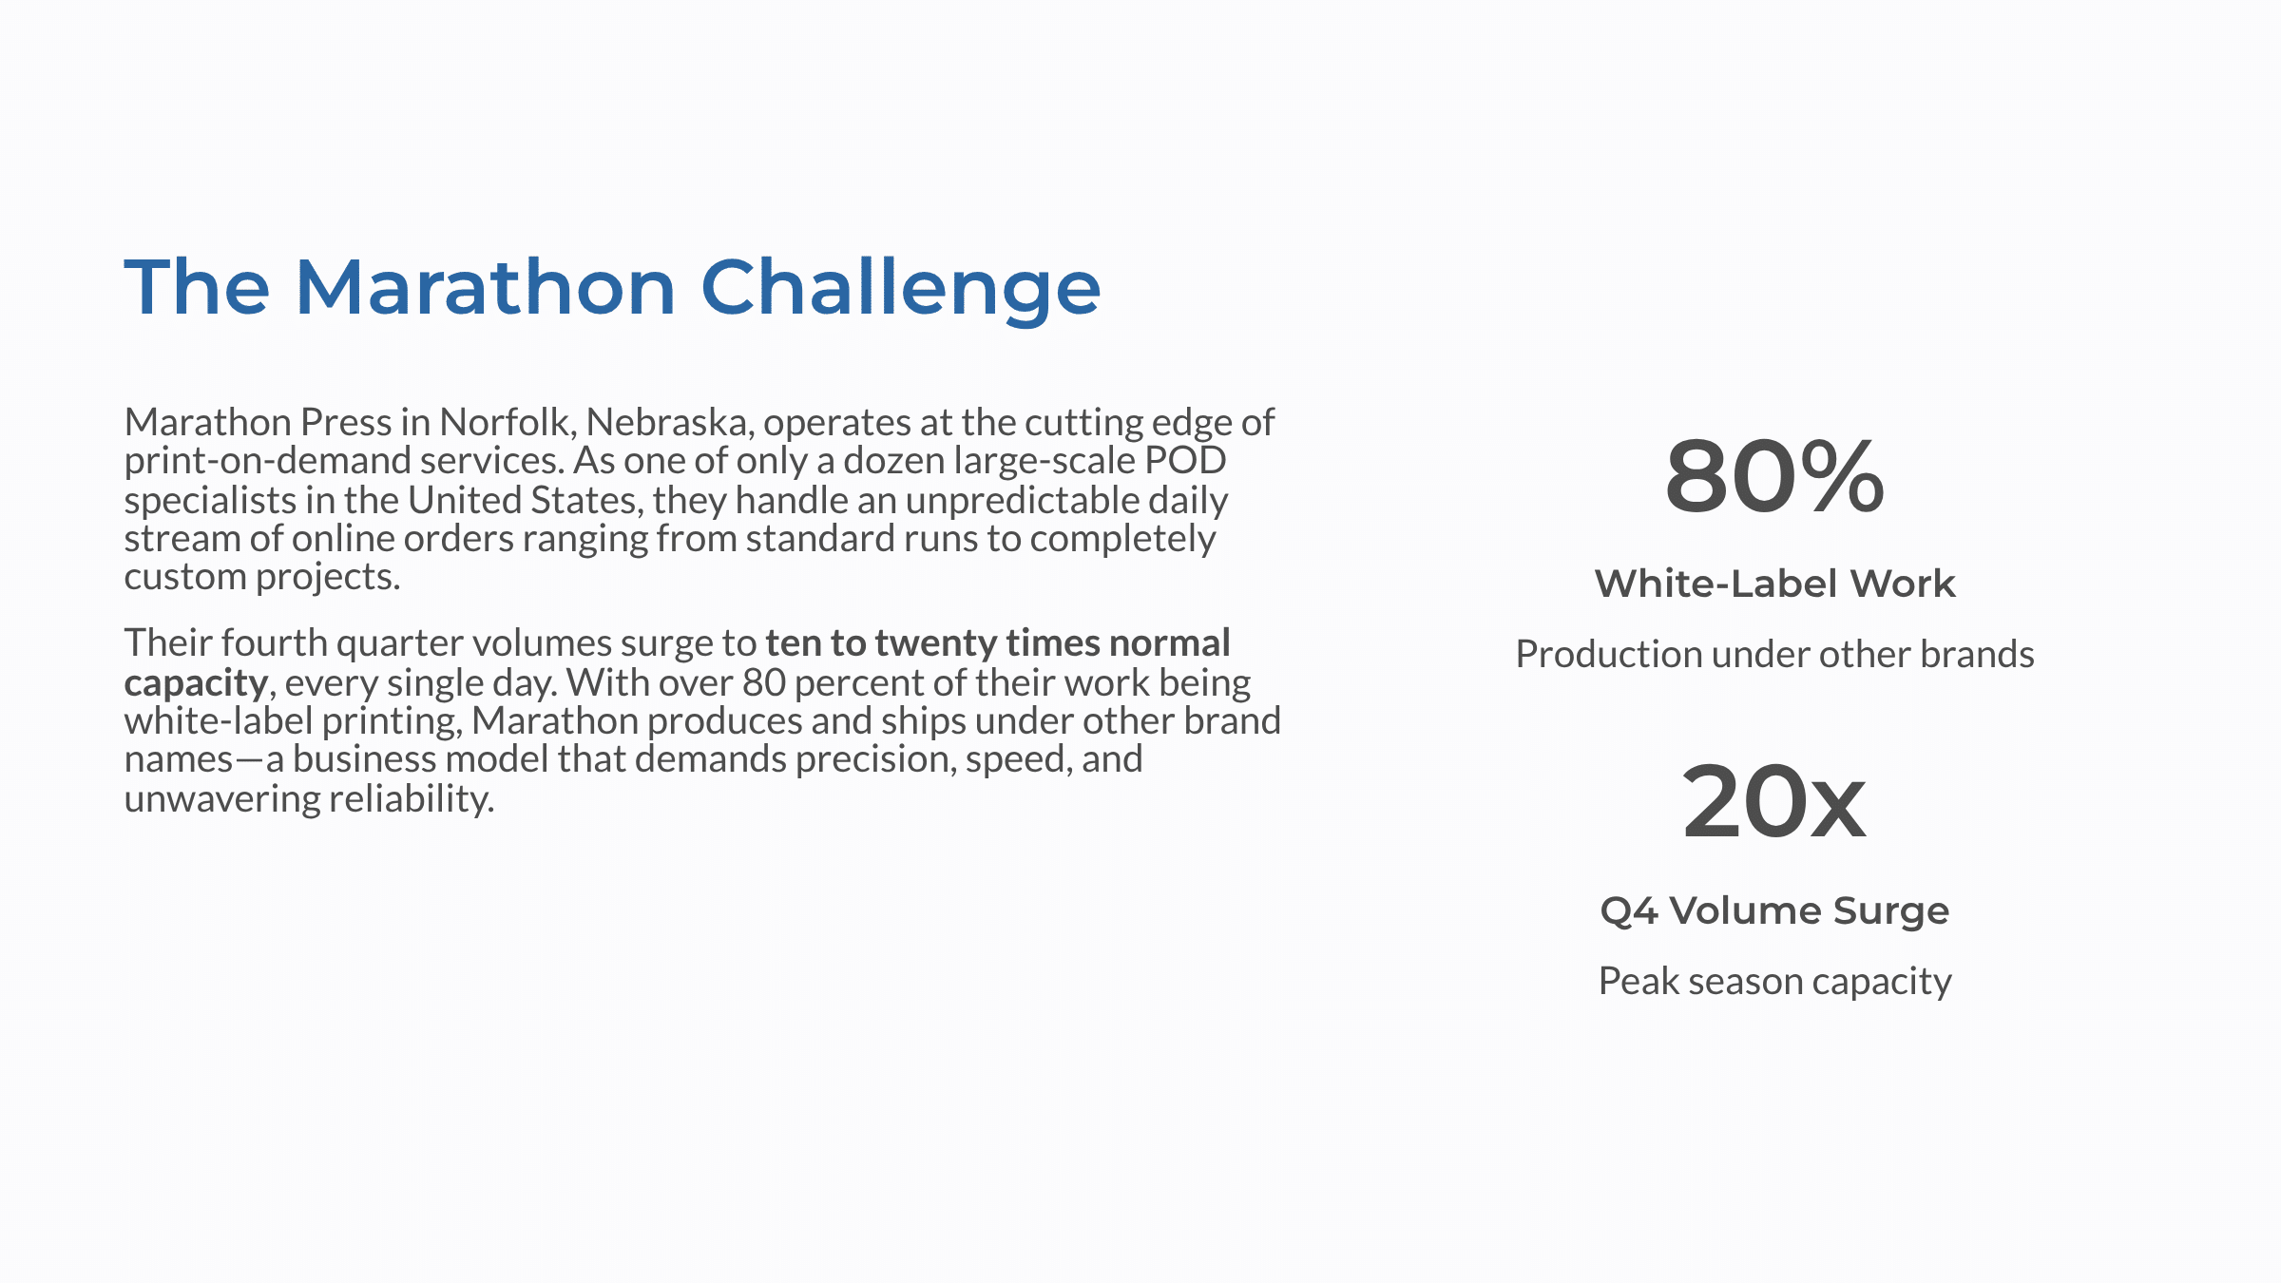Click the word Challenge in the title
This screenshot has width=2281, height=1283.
(900, 288)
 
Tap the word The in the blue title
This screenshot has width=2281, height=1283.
(197, 288)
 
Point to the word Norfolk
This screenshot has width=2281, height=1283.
(507, 422)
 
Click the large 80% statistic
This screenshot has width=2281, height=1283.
(1774, 476)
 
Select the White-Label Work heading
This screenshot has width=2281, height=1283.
(1774, 584)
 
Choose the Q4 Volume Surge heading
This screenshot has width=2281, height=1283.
(1774, 910)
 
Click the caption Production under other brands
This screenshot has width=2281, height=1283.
(1774, 654)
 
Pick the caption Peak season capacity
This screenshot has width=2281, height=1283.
(1774, 981)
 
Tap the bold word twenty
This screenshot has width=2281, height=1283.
(935, 643)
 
